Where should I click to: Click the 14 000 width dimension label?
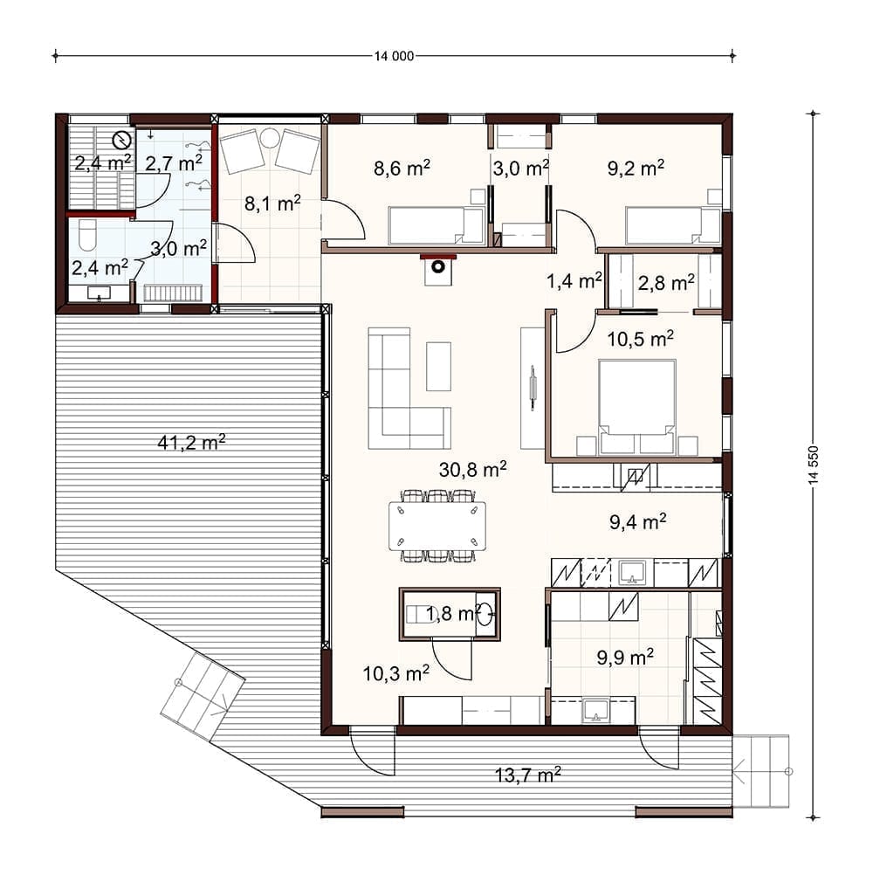394,56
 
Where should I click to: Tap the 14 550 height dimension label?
814,465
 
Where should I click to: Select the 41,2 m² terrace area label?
191,443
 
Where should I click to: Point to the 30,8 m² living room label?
472,469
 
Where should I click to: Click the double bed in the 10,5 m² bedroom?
637,407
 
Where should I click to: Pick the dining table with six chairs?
437,526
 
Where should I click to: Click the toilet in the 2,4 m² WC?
87,235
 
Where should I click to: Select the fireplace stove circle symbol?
438,266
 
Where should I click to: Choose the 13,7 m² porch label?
527,775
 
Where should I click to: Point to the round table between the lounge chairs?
270,137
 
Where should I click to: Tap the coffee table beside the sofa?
438,367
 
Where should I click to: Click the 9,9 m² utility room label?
625,658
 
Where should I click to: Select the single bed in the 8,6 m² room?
436,225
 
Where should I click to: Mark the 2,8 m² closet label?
666,283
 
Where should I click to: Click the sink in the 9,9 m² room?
595,710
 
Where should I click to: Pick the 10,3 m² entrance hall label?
396,673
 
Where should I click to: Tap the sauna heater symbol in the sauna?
121,140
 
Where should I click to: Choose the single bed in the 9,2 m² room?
673,225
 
